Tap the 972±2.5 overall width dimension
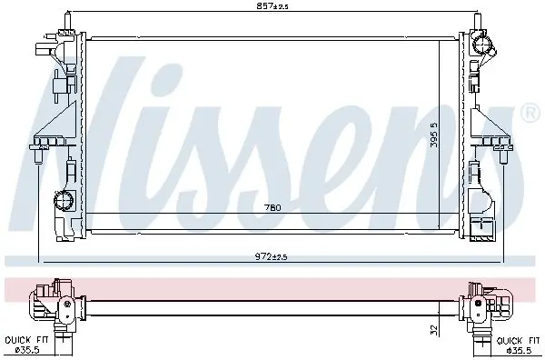coord(272,257)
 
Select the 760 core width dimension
coord(272,207)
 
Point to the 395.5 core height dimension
coord(434,135)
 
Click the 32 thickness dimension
coord(434,329)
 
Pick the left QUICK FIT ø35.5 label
coord(27,345)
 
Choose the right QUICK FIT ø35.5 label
coord(519,345)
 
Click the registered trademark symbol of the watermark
coord(530,113)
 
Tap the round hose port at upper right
coord(483,45)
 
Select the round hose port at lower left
coord(64,200)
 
